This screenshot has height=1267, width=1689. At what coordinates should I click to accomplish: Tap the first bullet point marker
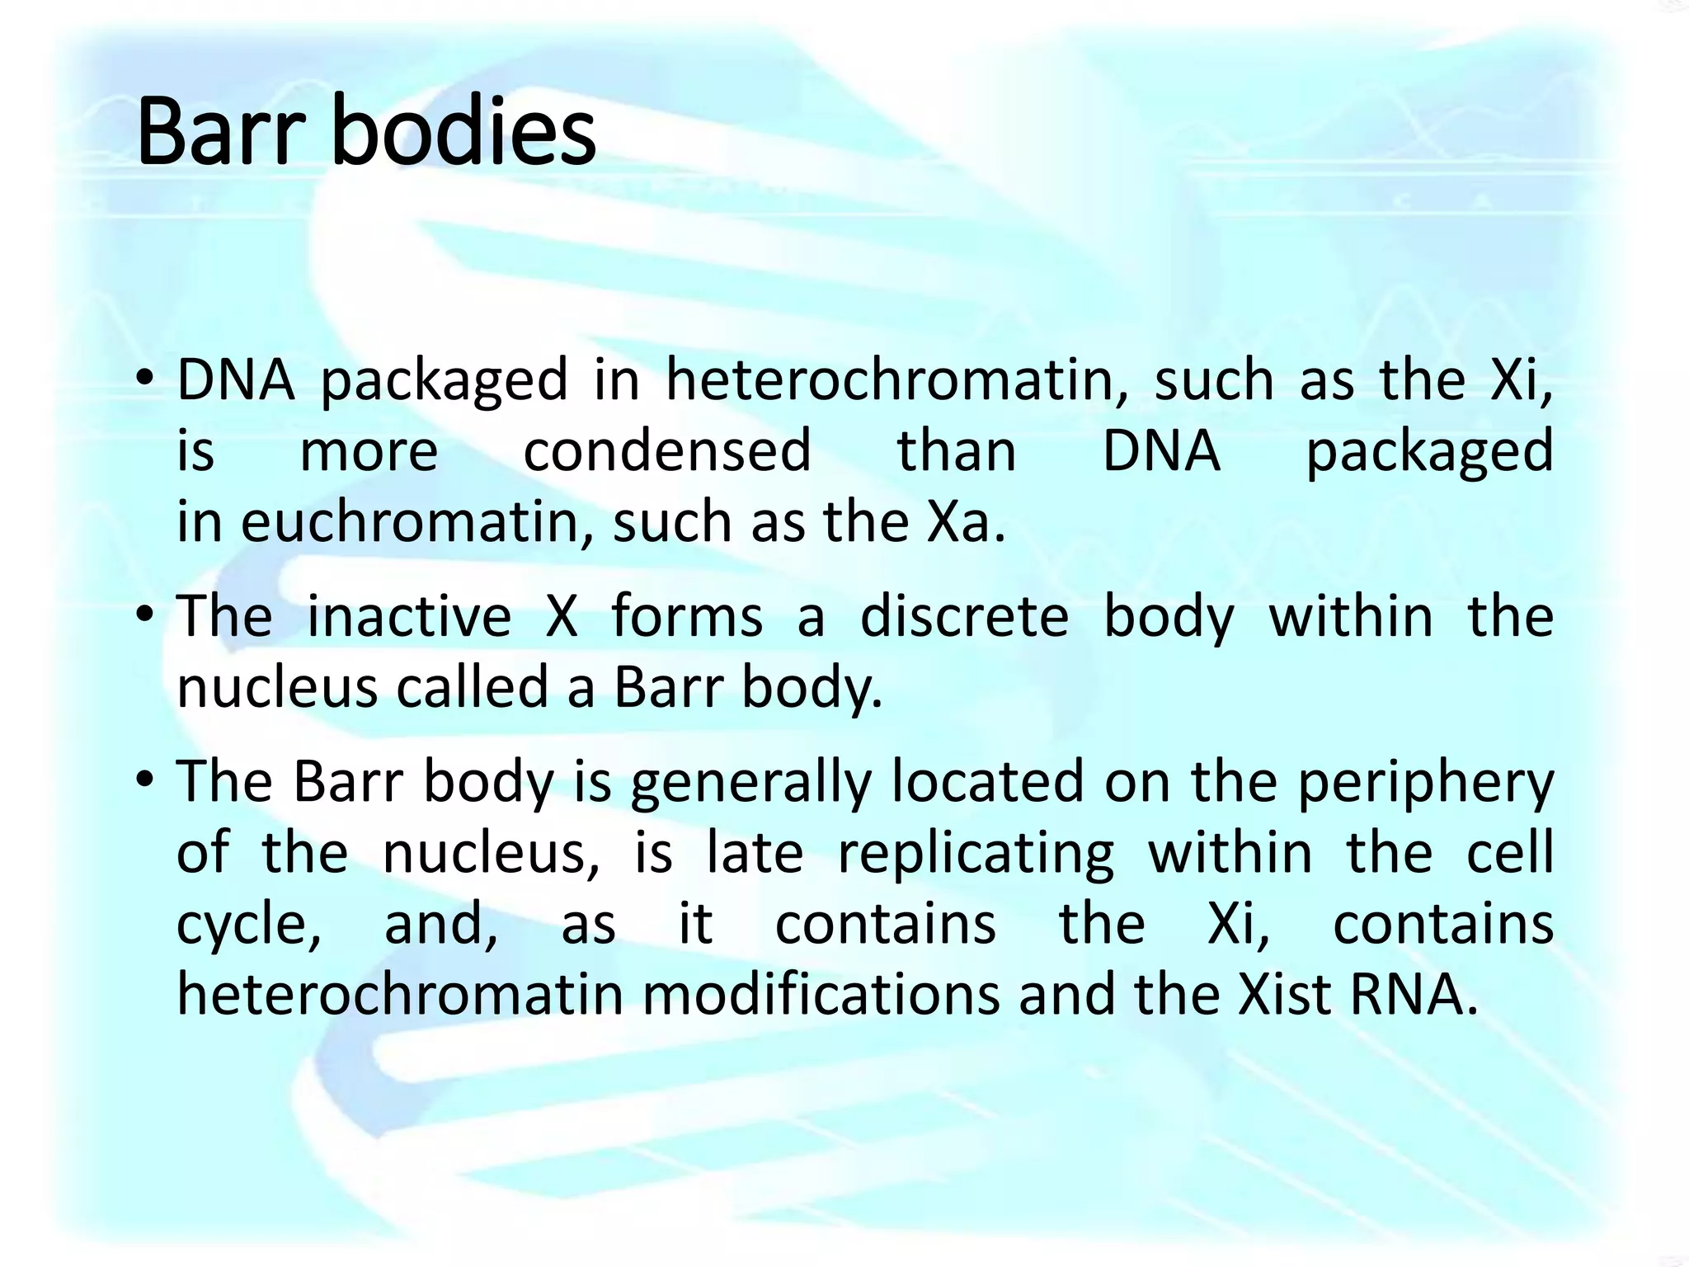pos(145,381)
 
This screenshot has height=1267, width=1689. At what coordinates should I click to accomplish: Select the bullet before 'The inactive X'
pos(145,617)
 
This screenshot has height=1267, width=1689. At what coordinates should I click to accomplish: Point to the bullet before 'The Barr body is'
pos(145,781)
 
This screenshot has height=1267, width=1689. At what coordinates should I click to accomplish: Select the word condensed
pos(667,452)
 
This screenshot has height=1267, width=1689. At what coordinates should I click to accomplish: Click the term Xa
pos(957,523)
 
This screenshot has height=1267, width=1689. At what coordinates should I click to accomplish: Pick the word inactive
pos(409,617)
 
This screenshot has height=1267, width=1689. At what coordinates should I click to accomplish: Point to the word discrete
pos(964,617)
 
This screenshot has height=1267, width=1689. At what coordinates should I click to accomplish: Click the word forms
pos(686,617)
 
